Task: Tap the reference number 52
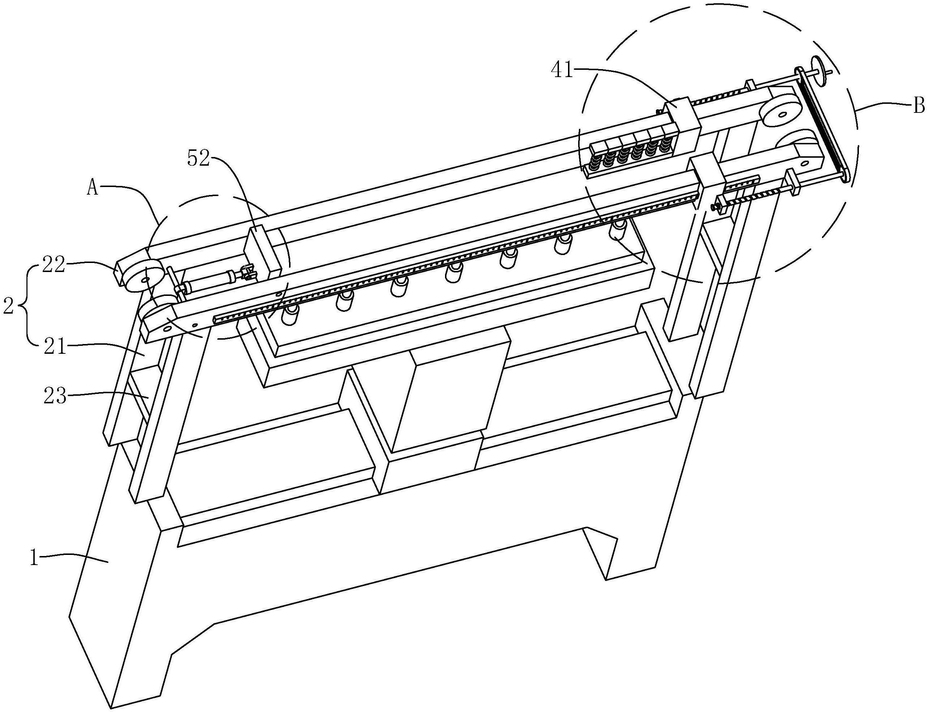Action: (x=199, y=159)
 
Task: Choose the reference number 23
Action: (x=55, y=397)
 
